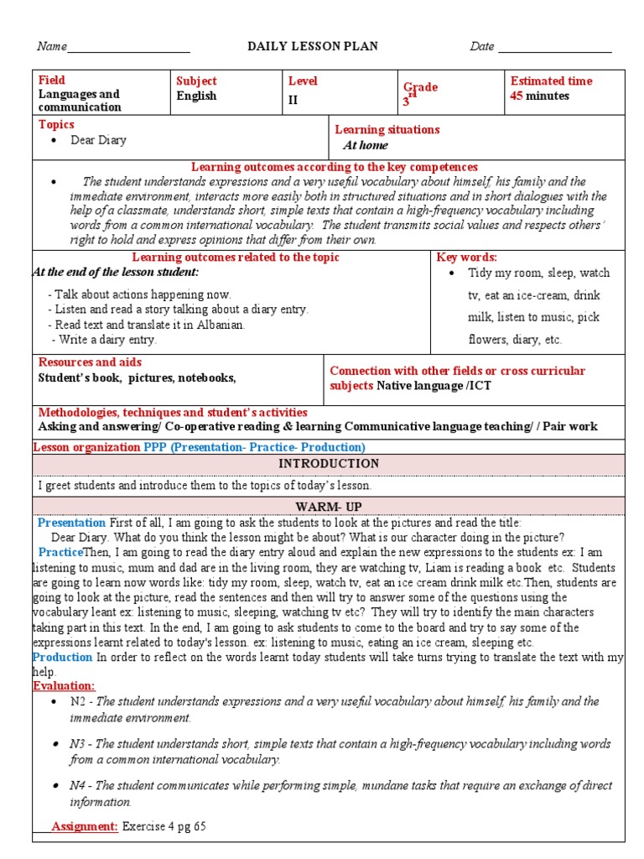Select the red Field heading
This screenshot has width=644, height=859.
[51, 81]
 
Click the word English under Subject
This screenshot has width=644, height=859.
[196, 96]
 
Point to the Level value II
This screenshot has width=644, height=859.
[293, 100]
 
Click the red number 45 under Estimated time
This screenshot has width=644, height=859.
[517, 96]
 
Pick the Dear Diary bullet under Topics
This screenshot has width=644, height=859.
[98, 140]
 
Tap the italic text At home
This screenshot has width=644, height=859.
[366, 145]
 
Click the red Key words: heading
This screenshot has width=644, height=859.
[467, 258]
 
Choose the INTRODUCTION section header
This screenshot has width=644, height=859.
[329, 464]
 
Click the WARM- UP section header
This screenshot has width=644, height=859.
[329, 507]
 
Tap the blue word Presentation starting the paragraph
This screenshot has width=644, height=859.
[72, 523]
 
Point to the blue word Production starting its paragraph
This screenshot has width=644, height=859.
[63, 657]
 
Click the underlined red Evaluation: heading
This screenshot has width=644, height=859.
[64, 685]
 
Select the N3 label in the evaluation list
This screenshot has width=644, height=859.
[79, 744]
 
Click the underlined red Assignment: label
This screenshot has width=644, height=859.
[85, 826]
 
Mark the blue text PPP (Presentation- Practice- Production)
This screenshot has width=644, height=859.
[254, 447]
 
